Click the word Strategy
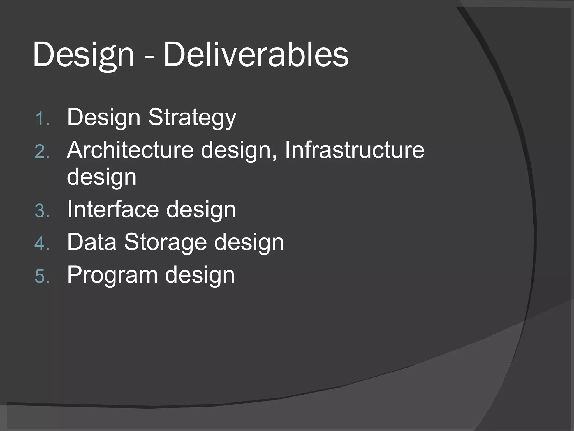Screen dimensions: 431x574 tap(192, 118)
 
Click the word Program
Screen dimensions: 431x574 tap(112, 276)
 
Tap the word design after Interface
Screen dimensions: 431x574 tap(201, 210)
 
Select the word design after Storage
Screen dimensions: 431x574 tap(249, 243)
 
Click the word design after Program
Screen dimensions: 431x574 tap(200, 276)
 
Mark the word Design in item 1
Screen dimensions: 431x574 tap(104, 118)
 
